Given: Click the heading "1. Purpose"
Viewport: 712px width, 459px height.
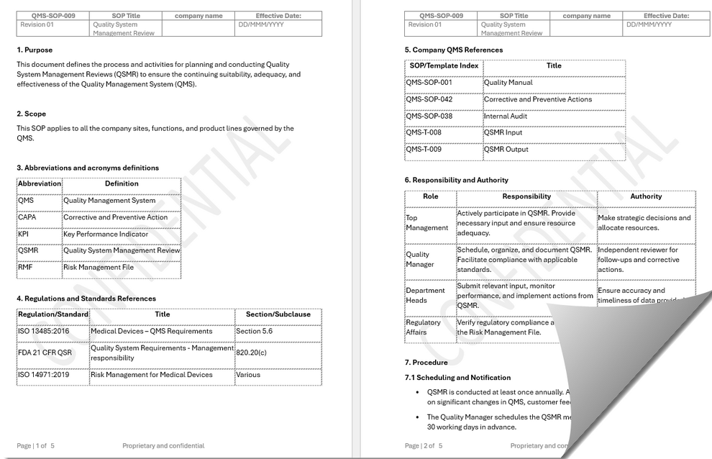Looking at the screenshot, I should [35, 50].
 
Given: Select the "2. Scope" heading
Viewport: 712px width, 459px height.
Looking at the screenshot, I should [31, 114].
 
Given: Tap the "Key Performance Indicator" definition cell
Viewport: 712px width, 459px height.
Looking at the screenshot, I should [106, 234].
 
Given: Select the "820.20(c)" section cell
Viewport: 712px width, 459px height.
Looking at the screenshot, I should [252, 353].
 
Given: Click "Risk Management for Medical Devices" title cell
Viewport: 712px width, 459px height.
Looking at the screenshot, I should [151, 375].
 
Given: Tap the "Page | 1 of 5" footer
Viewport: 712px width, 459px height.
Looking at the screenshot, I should [36, 446].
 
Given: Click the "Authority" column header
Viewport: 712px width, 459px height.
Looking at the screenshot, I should [646, 196].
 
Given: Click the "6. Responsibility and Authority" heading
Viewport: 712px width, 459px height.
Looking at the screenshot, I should [456, 180].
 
